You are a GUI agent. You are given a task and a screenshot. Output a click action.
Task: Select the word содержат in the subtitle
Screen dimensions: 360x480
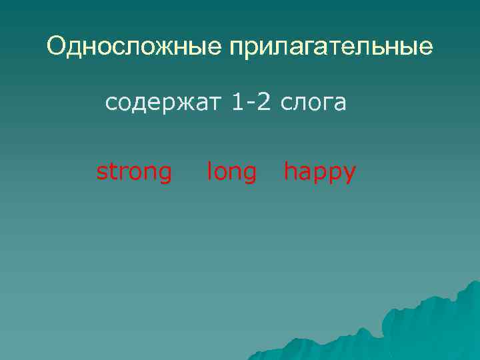164,103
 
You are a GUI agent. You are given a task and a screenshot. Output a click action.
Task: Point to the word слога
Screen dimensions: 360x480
313,103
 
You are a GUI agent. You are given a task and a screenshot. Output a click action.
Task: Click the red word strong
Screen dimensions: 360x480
134,173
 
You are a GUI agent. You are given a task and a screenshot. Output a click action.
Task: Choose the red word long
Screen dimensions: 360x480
231,173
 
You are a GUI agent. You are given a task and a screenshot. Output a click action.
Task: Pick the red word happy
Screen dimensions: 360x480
320,173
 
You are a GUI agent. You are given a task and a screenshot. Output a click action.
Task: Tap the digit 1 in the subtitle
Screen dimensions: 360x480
239,103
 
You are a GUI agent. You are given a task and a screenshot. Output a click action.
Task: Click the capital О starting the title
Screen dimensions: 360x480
56,47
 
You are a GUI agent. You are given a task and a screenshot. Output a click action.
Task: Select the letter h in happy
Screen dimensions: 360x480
290,172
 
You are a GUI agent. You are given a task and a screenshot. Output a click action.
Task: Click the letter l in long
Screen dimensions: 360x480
209,172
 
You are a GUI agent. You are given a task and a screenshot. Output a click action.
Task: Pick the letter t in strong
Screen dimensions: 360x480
111,173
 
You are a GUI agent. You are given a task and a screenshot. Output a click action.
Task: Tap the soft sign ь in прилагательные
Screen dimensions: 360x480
388,48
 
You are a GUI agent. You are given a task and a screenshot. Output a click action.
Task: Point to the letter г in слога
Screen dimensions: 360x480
325,104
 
